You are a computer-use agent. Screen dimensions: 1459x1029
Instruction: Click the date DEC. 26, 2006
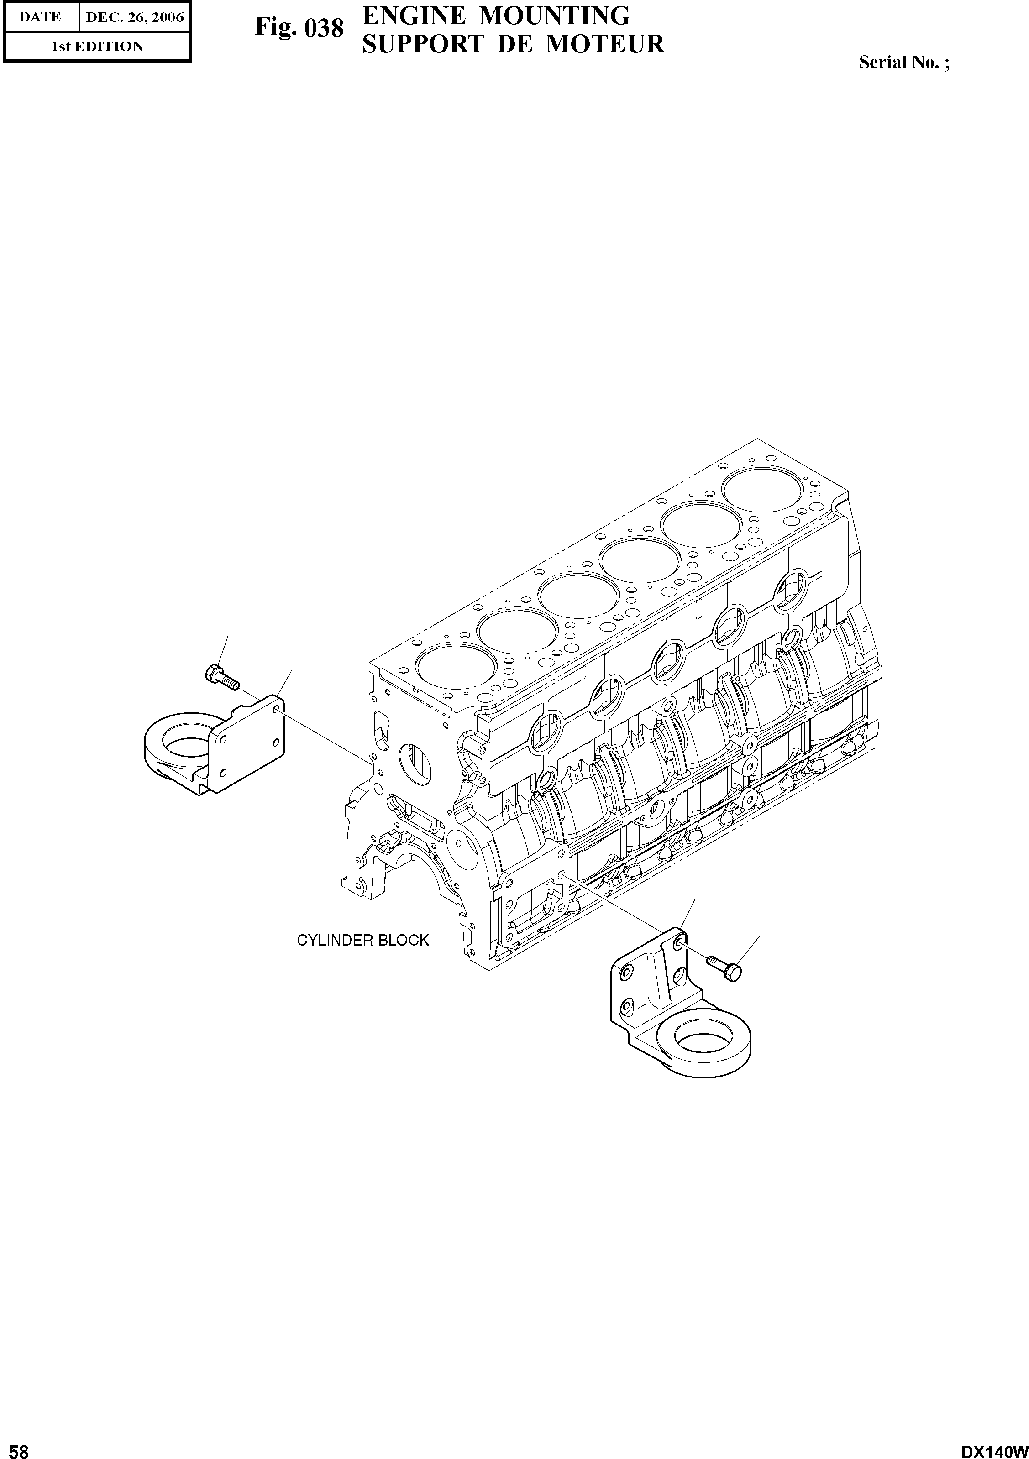point(134,18)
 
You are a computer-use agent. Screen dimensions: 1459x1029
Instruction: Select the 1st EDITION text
point(97,47)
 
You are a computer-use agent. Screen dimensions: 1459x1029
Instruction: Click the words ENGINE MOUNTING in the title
point(496,15)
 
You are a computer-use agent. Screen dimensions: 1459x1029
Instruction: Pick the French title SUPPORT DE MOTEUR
point(514,44)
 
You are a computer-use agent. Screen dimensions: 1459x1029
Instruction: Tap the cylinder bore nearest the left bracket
point(456,665)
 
